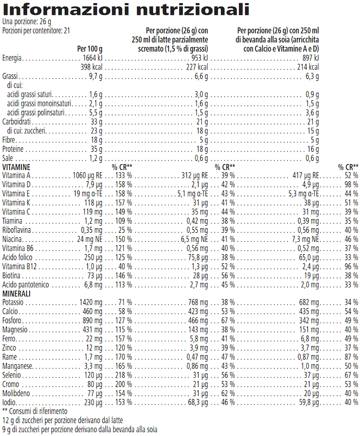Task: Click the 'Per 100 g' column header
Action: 89,49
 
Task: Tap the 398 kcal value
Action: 91,67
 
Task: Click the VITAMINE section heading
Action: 16,167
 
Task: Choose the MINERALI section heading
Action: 16,294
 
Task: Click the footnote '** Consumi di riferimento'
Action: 35,411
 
